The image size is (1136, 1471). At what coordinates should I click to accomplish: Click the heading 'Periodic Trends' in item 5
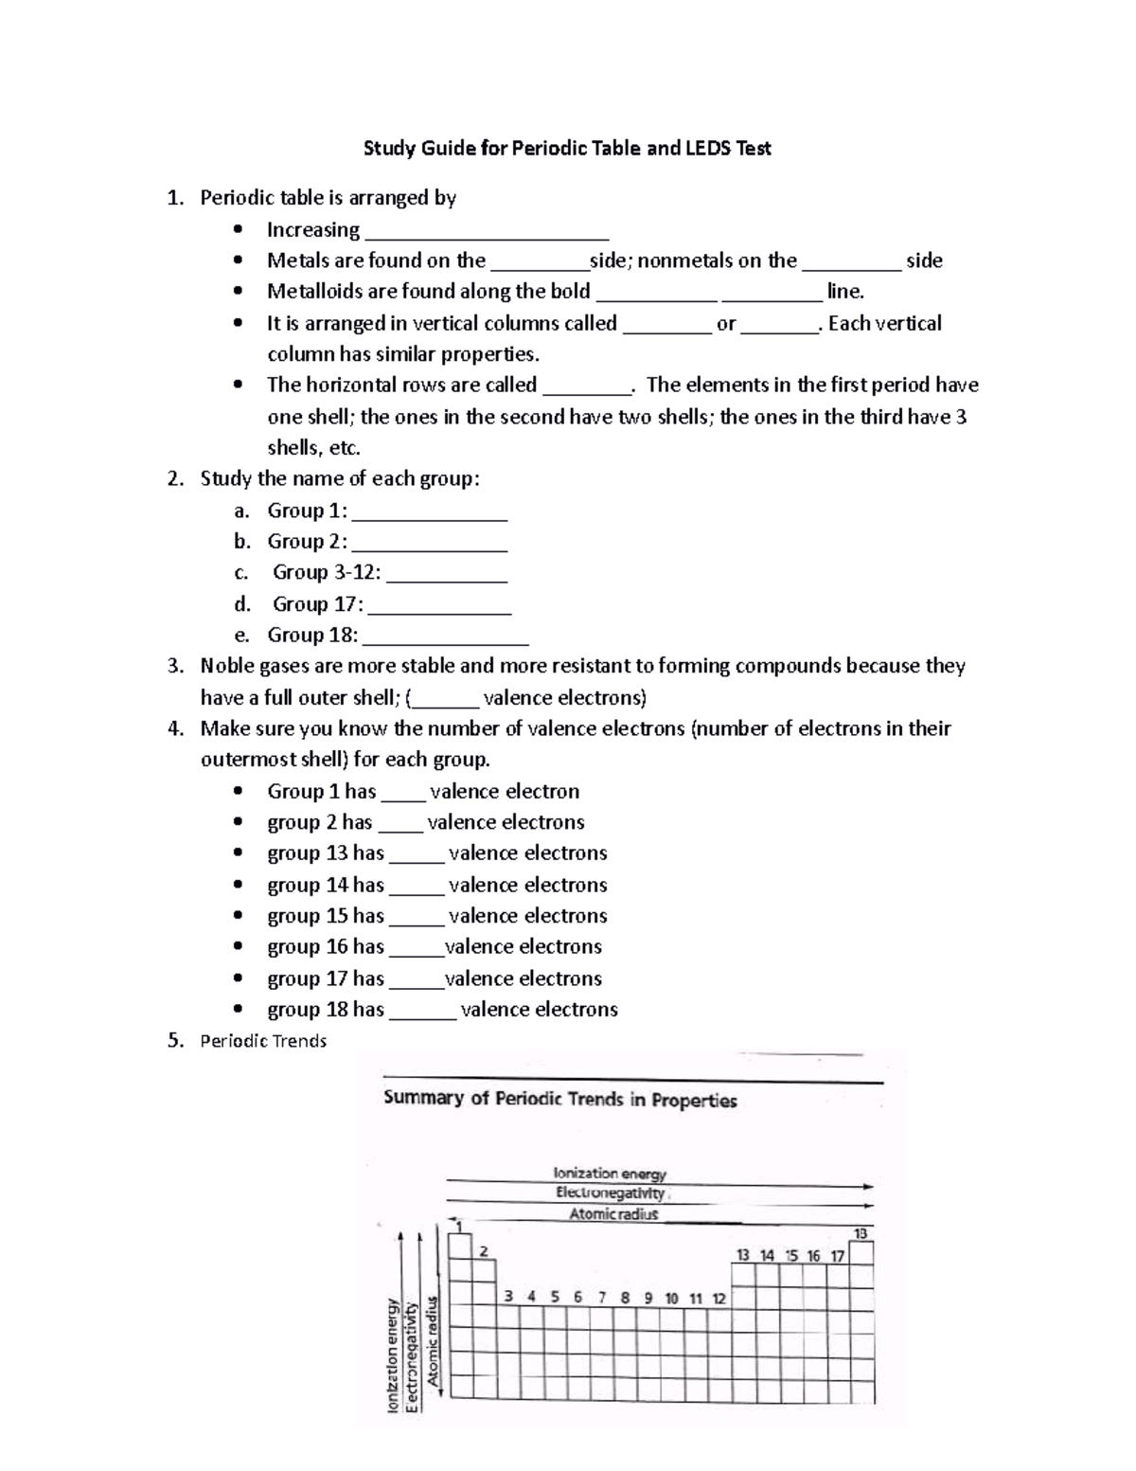pos(263,1041)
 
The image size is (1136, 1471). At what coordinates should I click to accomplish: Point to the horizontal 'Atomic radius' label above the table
pos(613,1213)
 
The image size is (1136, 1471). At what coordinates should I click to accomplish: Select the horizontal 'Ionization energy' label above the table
pos(610,1174)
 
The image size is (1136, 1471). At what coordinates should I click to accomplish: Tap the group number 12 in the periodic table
pos(719,1298)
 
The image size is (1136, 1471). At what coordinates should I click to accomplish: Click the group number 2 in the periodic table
pos(484,1251)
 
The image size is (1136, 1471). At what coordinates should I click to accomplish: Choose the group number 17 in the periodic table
pos(837,1255)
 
